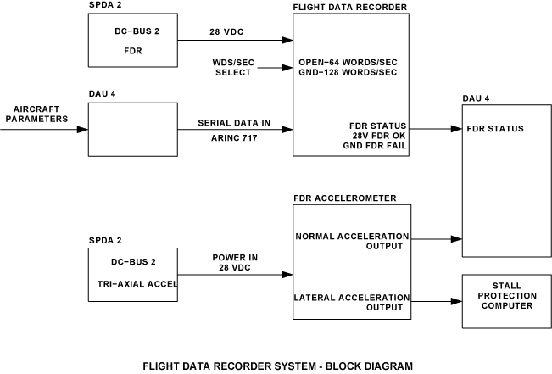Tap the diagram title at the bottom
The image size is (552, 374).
277,366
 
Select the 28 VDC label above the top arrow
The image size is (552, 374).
227,32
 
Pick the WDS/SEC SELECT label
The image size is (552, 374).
231,68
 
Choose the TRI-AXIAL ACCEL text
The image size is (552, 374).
132,284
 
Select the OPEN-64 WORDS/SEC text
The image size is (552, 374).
347,64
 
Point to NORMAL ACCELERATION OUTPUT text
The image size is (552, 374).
352,242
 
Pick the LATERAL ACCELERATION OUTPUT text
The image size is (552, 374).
351,302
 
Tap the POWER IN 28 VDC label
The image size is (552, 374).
235,262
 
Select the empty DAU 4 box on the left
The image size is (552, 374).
131,129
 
